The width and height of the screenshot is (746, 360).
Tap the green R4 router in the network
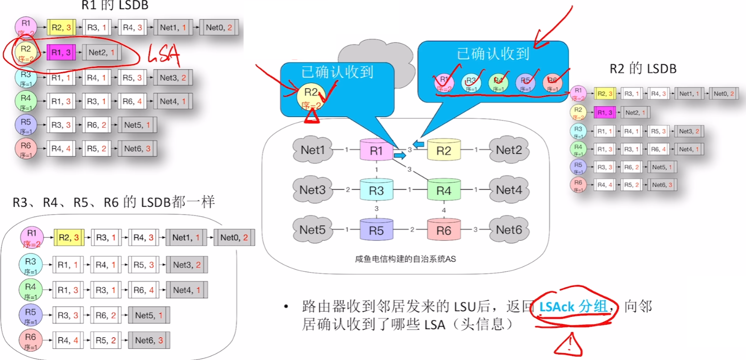point(443,190)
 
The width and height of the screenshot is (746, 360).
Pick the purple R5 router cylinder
point(376,229)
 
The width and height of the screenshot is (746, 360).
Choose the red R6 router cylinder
point(443,229)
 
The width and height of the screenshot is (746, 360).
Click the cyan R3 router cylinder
point(376,190)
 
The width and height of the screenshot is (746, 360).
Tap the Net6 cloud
point(509,229)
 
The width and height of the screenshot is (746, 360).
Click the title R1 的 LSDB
point(114,5)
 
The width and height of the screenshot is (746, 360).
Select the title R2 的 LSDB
point(643,69)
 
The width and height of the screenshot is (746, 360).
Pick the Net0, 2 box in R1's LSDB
point(219,28)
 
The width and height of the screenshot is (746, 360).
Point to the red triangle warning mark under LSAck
point(568,344)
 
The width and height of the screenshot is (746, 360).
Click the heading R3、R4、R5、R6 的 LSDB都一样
point(114,202)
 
